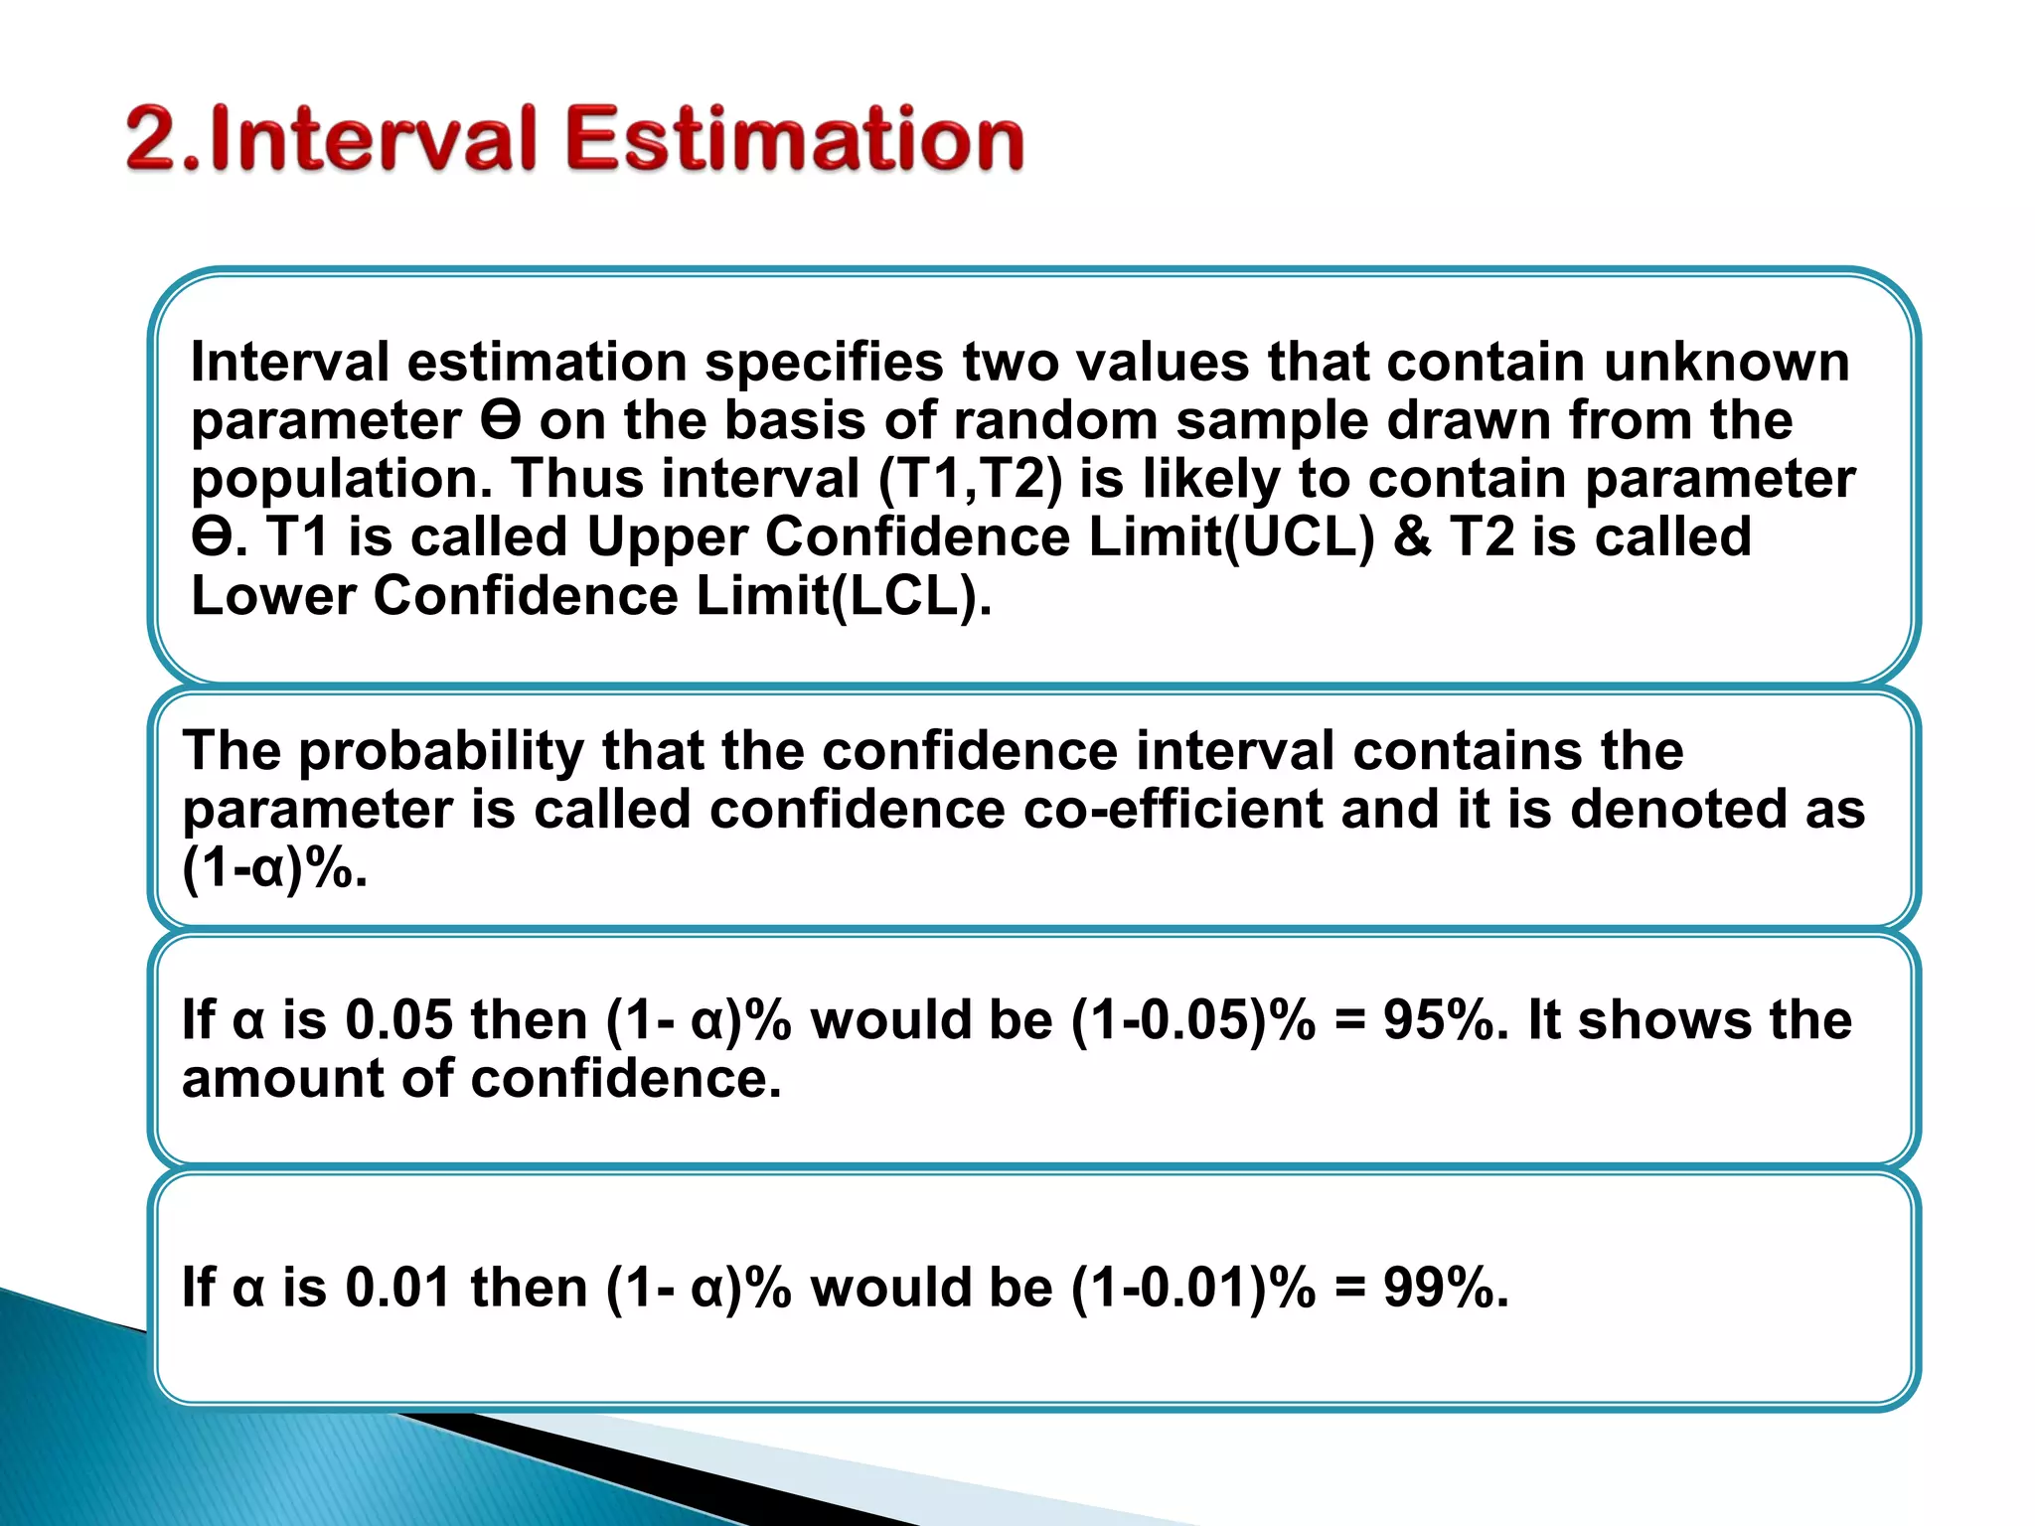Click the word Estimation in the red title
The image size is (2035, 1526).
click(794, 139)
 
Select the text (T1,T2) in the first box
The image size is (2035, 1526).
click(970, 480)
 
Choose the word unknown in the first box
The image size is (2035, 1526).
click(1727, 362)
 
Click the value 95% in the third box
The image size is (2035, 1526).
click(1446, 1020)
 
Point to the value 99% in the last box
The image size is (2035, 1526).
click(1446, 1288)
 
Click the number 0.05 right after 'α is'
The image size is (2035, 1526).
click(398, 1020)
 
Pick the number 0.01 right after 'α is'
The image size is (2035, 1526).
click(398, 1288)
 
